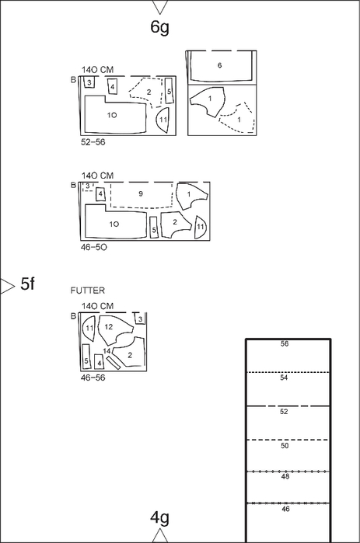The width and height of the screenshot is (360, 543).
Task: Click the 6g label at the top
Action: pyautogui.click(x=159, y=27)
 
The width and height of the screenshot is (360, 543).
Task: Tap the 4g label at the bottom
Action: pyautogui.click(x=159, y=517)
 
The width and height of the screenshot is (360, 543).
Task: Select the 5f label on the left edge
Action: pyautogui.click(x=28, y=284)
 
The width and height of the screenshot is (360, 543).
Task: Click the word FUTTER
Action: pyautogui.click(x=88, y=291)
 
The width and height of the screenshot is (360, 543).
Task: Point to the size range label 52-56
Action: pyautogui.click(x=93, y=142)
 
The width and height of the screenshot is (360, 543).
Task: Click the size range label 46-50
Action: pyautogui.click(x=93, y=247)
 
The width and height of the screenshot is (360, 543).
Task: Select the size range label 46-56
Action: pyautogui.click(x=93, y=378)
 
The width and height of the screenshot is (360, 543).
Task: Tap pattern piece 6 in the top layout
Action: pyautogui.click(x=219, y=66)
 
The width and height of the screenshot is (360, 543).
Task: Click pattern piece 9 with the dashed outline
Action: pyautogui.click(x=142, y=195)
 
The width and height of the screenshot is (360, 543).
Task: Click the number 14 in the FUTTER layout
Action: pyautogui.click(x=107, y=351)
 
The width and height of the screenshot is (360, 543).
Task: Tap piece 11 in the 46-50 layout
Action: pyautogui.click(x=201, y=227)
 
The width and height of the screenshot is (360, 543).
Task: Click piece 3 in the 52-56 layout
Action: pyautogui.click(x=89, y=82)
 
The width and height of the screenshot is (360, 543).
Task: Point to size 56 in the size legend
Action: pyautogui.click(x=285, y=343)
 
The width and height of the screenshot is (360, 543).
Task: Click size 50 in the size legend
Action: pyautogui.click(x=285, y=445)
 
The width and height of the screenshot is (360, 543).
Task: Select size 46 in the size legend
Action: pyautogui.click(x=285, y=509)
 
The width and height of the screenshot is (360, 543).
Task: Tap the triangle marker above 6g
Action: pyautogui.click(x=159, y=7)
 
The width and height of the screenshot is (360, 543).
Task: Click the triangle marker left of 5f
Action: pyautogui.click(x=7, y=286)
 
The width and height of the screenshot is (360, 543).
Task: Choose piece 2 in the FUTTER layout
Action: pyautogui.click(x=131, y=354)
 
